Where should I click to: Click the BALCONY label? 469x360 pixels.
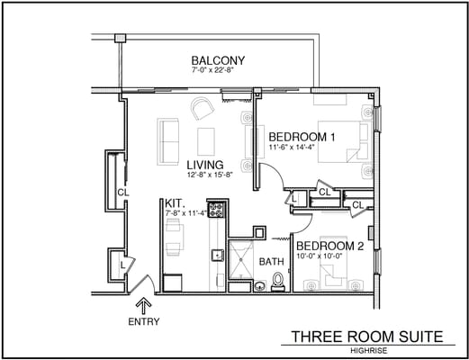click(x=218, y=60)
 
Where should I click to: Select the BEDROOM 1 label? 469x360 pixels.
click(x=302, y=137)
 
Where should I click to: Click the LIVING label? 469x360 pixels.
click(x=205, y=166)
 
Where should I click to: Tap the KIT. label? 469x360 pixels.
click(x=175, y=203)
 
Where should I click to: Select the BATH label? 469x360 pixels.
click(x=272, y=262)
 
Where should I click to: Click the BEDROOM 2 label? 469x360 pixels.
click(x=329, y=246)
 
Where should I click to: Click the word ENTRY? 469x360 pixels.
click(x=144, y=322)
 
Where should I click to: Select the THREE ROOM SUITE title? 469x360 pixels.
click(x=366, y=337)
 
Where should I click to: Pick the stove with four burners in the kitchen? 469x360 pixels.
click(x=216, y=211)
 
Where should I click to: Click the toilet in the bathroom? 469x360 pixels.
click(x=278, y=283)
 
